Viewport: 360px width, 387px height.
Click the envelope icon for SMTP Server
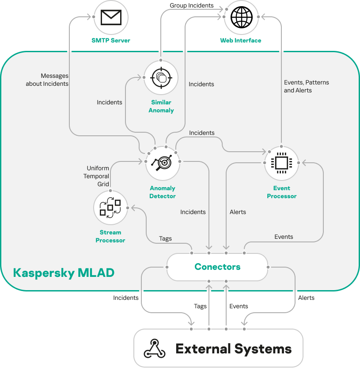[x=111, y=18]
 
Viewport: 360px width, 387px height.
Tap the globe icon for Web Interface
[x=241, y=18]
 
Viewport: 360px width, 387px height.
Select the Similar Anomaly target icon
[x=161, y=78]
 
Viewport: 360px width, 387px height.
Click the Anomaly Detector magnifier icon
[x=163, y=163]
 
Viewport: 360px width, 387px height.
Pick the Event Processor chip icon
[x=281, y=163]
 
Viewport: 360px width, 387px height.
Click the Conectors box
[x=217, y=267]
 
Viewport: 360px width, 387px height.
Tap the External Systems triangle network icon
[x=155, y=349]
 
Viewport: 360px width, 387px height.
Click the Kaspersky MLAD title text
[x=64, y=272]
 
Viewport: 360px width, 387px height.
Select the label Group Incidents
[x=192, y=6]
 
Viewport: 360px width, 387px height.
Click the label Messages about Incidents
[x=47, y=80]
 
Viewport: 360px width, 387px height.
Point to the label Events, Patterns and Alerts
[x=306, y=86]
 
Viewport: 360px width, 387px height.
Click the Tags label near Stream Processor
[x=165, y=239]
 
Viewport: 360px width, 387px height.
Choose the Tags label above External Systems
[x=200, y=306]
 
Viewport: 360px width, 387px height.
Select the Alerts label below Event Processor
[x=238, y=212]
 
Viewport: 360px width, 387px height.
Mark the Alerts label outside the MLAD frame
[x=306, y=298]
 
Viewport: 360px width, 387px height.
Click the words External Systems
[x=234, y=349]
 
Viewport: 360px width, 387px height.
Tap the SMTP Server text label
[x=111, y=40]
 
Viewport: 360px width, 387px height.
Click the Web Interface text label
[x=241, y=40]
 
